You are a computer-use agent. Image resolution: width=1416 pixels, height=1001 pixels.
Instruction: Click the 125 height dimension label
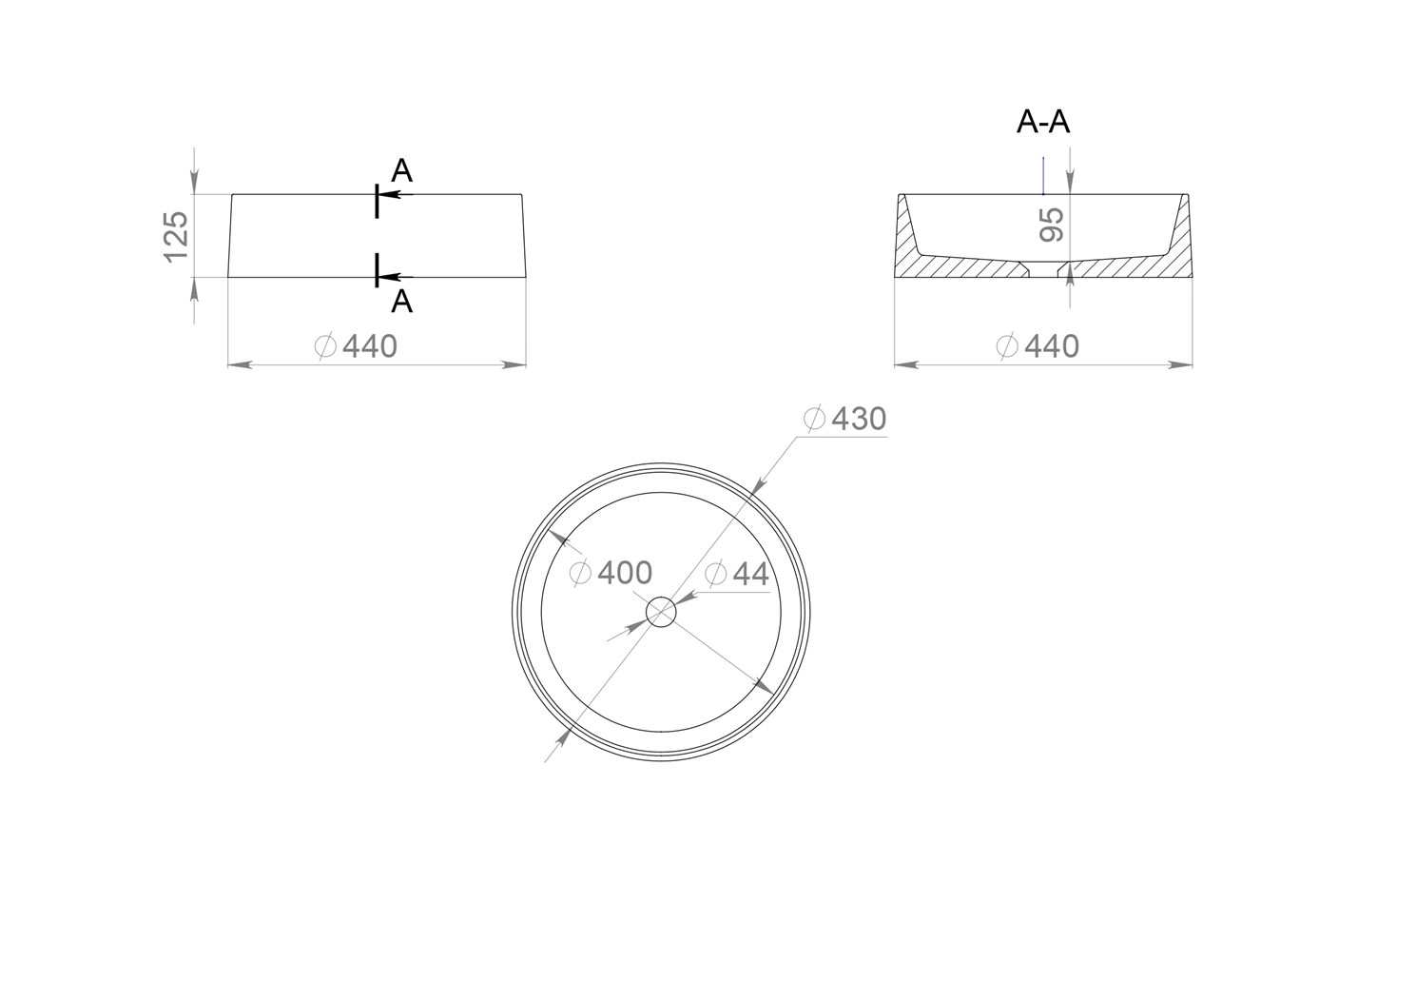coord(176,237)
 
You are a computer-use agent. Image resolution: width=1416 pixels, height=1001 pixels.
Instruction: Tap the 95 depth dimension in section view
coord(1052,225)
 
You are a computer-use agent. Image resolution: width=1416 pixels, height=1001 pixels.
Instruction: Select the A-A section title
coord(1043,122)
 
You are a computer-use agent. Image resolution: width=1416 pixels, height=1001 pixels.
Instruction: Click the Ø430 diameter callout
coord(845,419)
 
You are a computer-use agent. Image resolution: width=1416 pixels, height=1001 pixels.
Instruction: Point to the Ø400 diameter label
coord(611,573)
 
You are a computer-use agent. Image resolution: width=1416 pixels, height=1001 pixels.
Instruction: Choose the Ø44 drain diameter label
coord(736,574)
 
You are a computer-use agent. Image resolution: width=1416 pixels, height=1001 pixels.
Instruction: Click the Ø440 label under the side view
coord(356,346)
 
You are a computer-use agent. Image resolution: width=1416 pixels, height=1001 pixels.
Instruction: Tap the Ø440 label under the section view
coord(1038,346)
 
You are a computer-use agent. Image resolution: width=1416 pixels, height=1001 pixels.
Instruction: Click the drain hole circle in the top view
coord(661,597)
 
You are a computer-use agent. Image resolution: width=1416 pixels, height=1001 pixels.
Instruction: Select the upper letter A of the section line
coord(401,170)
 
